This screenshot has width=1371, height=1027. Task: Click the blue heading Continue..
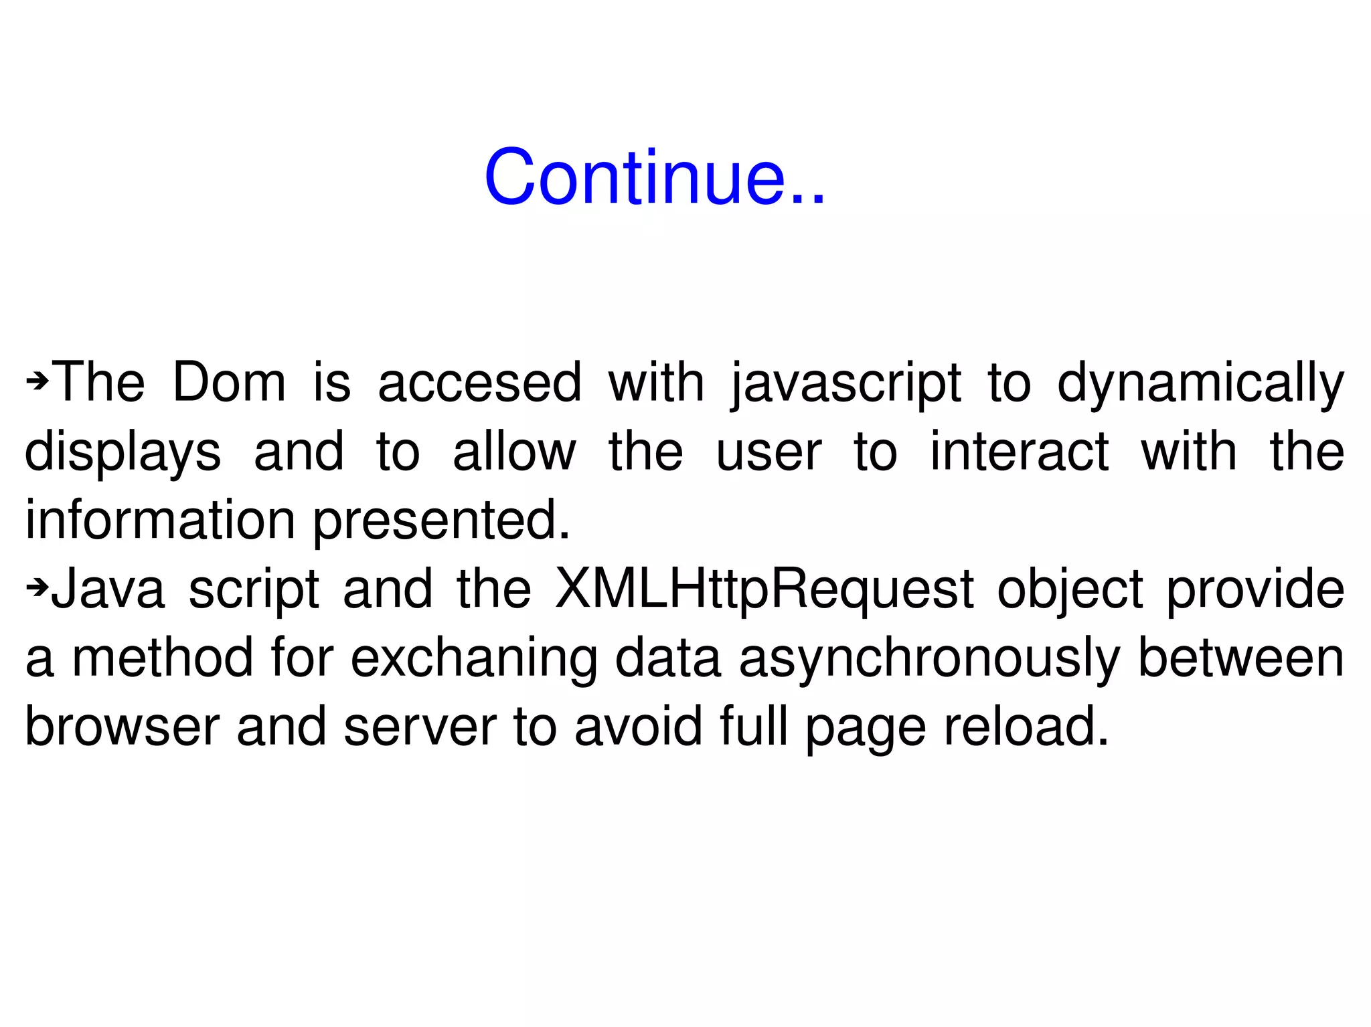pos(655,177)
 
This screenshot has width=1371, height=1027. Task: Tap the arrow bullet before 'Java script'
pos(37,588)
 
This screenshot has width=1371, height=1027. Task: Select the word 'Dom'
pos(229,383)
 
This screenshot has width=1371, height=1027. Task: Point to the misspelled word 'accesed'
pos(479,383)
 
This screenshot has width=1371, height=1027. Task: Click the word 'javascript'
pos(846,385)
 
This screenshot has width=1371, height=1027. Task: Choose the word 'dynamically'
pos(1200,385)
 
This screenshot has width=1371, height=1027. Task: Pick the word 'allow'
pos(514,452)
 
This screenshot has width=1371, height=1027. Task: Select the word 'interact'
pos(1020,452)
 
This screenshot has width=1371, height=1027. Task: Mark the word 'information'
pos(160,520)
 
